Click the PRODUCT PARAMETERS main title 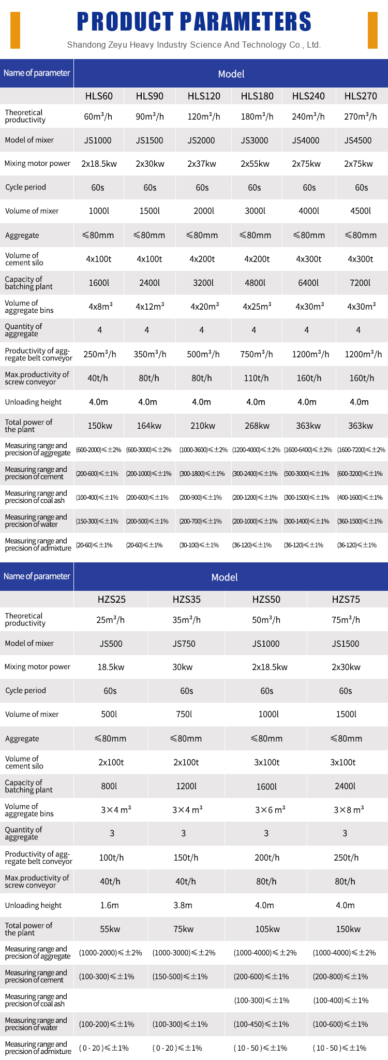(194, 22)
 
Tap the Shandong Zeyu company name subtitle (194, 45)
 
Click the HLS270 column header (361, 96)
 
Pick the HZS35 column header (186, 599)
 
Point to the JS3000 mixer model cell (255, 140)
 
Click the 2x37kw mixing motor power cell (202, 164)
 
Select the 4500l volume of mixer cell (361, 211)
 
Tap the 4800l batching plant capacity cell (255, 283)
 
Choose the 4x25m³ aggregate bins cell (257, 307)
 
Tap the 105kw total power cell (267, 929)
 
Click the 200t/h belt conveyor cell (267, 858)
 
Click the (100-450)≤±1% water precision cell (261, 1024)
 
